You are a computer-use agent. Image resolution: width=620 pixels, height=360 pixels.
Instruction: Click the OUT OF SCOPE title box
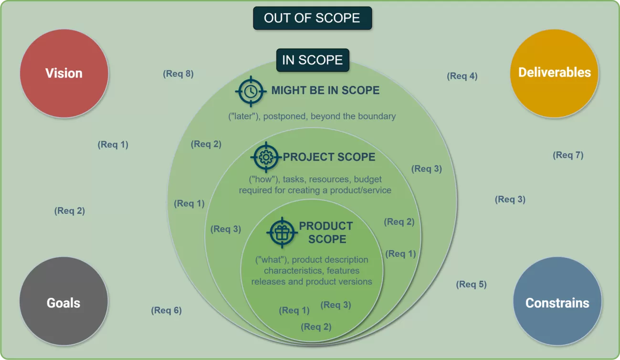(312, 18)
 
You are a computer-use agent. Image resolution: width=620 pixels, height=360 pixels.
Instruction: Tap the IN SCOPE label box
(313, 60)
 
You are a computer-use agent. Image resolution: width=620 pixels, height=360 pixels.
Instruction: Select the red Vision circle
(64, 73)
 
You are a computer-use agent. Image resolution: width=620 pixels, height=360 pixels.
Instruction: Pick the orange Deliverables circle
(554, 73)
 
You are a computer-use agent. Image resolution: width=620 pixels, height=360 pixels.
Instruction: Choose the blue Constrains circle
(557, 303)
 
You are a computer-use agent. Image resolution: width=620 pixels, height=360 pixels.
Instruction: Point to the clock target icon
(251, 91)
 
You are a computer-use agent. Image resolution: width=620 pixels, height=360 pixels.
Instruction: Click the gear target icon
(265, 157)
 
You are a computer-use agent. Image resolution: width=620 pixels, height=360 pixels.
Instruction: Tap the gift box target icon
(282, 233)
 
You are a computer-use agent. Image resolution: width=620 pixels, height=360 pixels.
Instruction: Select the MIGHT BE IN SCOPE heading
(325, 90)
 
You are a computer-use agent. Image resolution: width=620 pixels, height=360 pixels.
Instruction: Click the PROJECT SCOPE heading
(329, 157)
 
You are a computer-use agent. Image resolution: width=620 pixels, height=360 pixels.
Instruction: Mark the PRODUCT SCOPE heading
(326, 233)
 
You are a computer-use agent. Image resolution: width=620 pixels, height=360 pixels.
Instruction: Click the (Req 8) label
(178, 74)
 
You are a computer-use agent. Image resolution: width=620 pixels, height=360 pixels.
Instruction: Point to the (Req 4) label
(462, 76)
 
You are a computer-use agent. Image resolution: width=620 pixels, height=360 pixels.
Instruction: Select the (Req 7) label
(568, 155)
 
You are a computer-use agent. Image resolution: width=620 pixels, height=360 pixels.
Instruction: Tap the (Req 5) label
(471, 285)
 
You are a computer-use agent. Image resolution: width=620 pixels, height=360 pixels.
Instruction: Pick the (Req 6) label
(166, 310)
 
